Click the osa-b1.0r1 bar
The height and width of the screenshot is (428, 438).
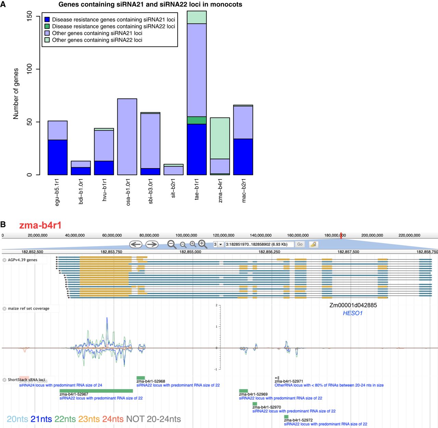click(x=127, y=137)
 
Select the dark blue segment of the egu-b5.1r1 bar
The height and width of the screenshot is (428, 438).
click(x=57, y=157)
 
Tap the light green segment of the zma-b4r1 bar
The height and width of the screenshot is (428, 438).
click(x=220, y=138)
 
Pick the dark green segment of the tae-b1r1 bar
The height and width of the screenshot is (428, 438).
click(x=196, y=120)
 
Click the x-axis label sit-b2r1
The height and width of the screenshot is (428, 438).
click(x=173, y=188)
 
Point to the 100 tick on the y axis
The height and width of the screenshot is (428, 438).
click(x=29, y=69)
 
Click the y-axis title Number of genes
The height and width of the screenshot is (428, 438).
click(x=16, y=93)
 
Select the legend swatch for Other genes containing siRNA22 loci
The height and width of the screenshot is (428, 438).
click(x=47, y=40)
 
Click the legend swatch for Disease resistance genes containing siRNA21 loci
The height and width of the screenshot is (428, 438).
click(x=47, y=20)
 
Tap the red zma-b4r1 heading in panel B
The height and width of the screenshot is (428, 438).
click(x=40, y=225)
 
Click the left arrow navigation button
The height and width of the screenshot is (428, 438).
click(x=136, y=244)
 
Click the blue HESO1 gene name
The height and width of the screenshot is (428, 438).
click(x=352, y=313)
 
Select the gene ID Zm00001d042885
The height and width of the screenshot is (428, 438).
click(x=353, y=305)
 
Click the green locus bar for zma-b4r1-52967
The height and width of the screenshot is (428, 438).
click(x=96, y=391)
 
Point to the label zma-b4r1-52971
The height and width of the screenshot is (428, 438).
click(x=289, y=381)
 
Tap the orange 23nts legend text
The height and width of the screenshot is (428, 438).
click(x=89, y=419)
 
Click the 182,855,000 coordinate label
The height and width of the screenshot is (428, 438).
click(x=190, y=252)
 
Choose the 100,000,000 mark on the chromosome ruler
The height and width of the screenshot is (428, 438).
click(x=186, y=235)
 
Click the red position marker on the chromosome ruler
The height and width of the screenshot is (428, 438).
click(x=341, y=235)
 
